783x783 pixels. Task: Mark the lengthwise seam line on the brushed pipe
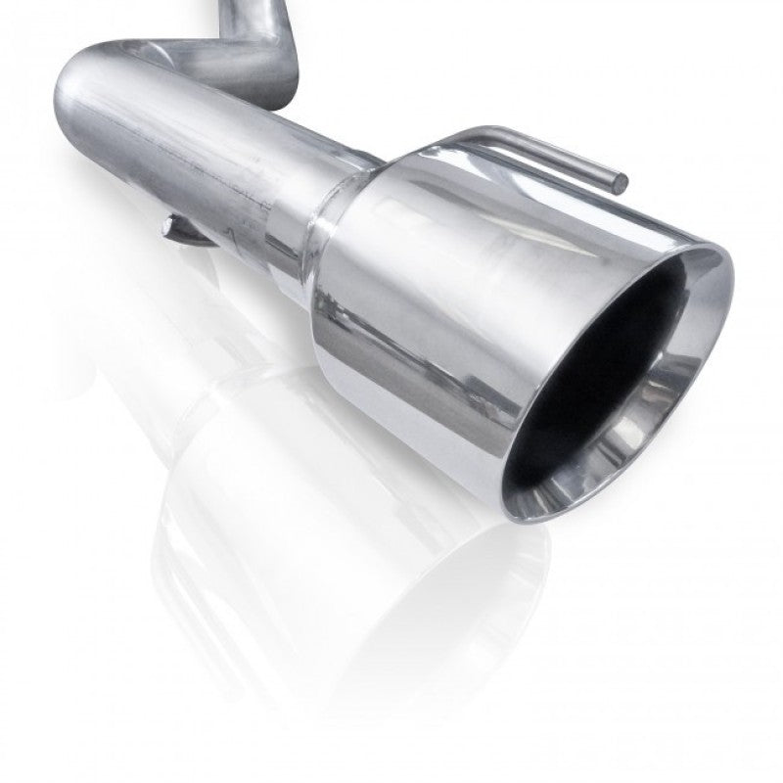196,166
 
